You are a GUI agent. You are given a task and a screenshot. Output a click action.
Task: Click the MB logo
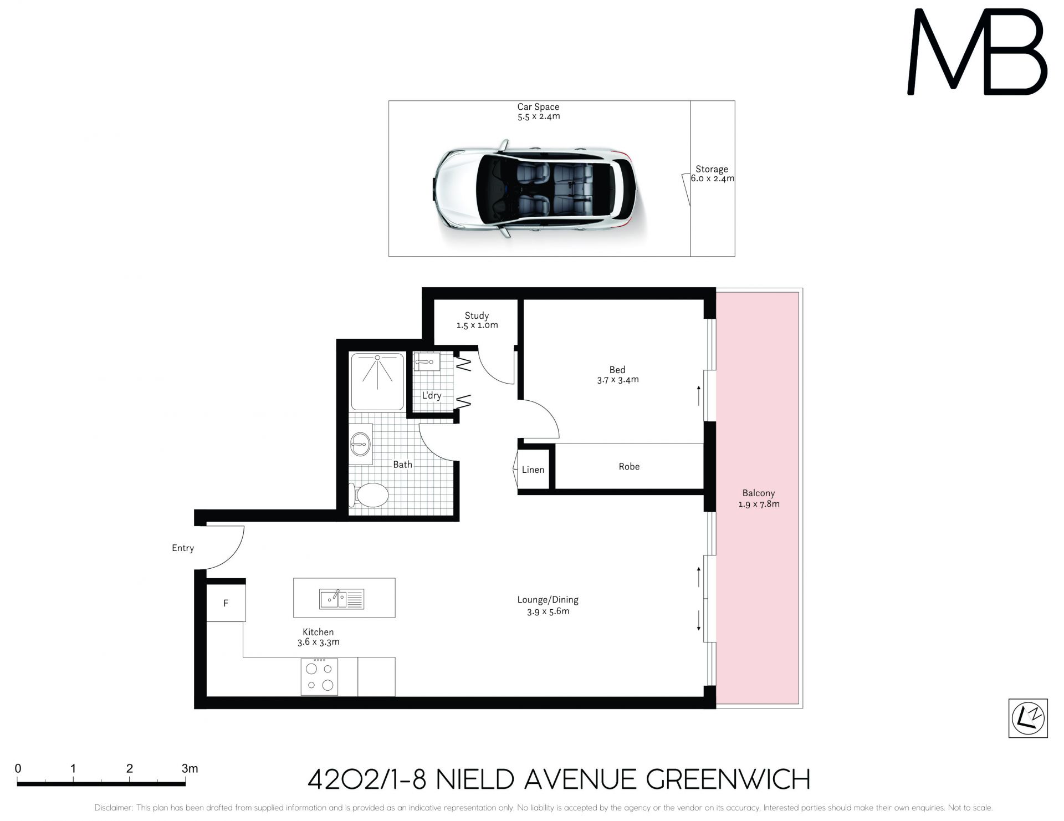[977, 52]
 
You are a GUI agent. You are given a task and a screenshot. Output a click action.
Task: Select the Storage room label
[712, 169]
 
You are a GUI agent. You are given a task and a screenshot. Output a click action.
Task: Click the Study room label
[477, 315]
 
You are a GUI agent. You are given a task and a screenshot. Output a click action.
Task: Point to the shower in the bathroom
[377, 381]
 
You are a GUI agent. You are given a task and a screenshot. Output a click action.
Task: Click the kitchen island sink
[341, 599]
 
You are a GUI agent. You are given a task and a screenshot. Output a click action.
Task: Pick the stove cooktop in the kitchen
[320, 676]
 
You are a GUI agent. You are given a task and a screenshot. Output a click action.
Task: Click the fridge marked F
[226, 603]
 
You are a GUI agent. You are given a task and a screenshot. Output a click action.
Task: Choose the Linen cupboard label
[533, 470]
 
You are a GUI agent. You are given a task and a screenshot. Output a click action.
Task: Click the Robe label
[629, 466]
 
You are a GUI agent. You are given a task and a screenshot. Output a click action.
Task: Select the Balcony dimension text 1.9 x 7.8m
[759, 504]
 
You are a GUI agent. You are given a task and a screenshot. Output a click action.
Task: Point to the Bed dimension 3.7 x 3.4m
[618, 380]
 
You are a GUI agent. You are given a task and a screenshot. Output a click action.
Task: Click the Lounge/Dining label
[548, 599]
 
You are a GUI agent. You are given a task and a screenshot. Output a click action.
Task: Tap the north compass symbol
[1028, 718]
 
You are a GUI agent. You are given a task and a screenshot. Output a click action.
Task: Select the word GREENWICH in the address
[720, 779]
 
